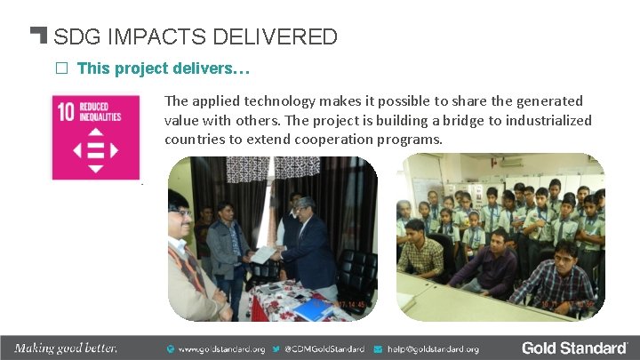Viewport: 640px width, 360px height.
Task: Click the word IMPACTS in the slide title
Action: click(x=138, y=37)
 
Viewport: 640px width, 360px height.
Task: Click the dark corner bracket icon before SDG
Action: click(x=38, y=36)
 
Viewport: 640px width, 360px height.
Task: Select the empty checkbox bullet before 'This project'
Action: click(x=62, y=68)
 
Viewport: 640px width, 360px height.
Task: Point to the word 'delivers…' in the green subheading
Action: click(x=220, y=68)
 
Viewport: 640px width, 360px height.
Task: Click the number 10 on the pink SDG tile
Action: click(x=66, y=113)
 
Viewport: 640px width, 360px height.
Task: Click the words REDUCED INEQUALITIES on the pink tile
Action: click(x=100, y=112)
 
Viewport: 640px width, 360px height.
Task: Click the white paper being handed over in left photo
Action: click(x=264, y=254)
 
